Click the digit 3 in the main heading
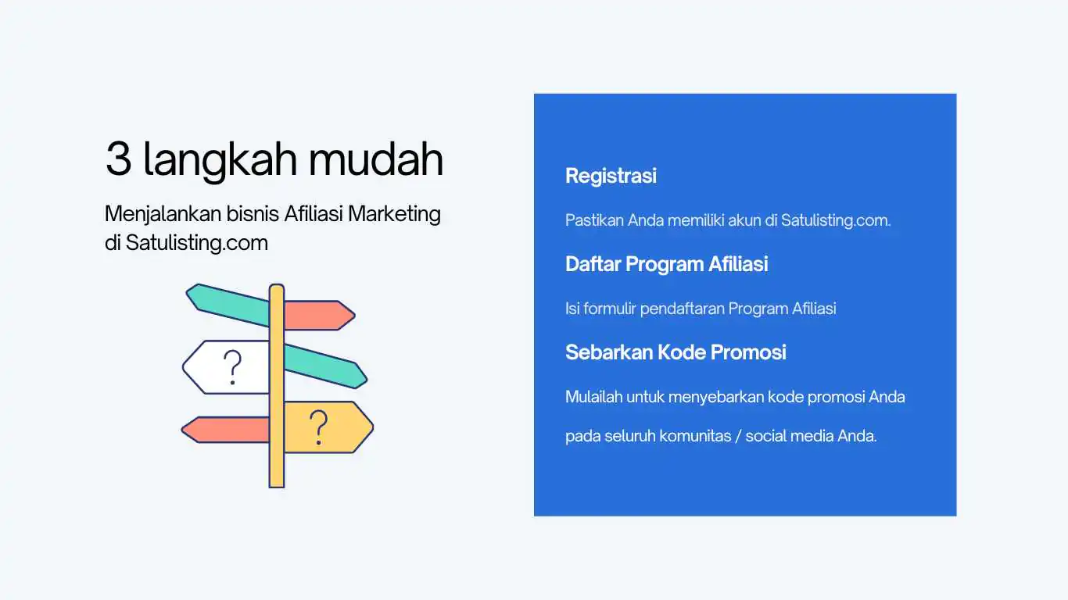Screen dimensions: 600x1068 pyautogui.click(x=118, y=159)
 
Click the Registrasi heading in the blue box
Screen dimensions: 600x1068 pyautogui.click(x=611, y=176)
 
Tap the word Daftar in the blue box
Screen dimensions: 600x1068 pyautogui.click(x=592, y=264)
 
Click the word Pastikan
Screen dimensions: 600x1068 pyautogui.click(x=594, y=220)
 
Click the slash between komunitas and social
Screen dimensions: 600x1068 pyautogui.click(x=737, y=436)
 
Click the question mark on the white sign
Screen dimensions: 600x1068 pyautogui.click(x=231, y=367)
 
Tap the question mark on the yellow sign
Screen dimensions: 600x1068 pyautogui.click(x=317, y=427)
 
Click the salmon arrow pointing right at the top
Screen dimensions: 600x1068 pyautogui.click(x=317, y=316)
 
